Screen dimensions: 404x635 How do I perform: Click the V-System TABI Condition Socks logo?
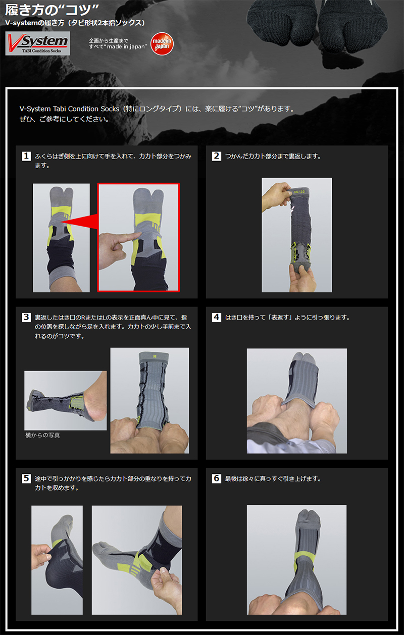[37, 43]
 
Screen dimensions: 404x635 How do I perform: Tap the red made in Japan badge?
[162, 44]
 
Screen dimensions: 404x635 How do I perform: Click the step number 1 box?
[26, 156]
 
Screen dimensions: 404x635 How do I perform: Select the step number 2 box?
[217, 156]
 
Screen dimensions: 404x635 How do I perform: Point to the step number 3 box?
[26, 317]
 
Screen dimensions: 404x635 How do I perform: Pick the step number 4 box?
[217, 317]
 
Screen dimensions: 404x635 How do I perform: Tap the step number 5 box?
[26, 479]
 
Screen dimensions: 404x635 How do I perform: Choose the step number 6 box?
[217, 479]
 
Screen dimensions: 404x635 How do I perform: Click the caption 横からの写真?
[42, 435]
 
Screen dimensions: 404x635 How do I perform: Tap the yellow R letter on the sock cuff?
[155, 356]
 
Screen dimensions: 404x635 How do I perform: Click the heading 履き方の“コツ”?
[52, 10]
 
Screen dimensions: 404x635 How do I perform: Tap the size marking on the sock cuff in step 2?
[299, 192]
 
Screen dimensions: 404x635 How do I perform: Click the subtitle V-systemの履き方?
[35, 23]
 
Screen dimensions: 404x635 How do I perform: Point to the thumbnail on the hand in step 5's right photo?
[164, 569]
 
